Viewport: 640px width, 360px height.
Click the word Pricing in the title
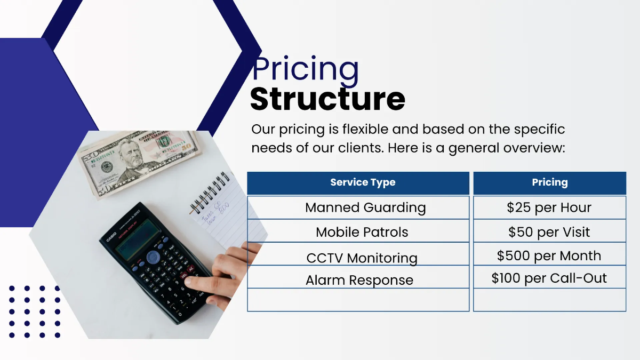[x=306, y=70]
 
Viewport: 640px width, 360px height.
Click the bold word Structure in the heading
[x=327, y=99]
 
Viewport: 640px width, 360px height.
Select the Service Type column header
[x=363, y=182]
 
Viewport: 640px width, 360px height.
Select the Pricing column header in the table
[x=549, y=182]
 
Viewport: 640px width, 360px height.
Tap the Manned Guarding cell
[x=365, y=207]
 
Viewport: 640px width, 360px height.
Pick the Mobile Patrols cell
[x=362, y=232]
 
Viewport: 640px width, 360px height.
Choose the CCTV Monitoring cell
[x=362, y=258]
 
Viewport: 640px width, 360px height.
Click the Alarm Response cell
[x=359, y=280]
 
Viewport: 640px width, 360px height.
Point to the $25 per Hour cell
[x=549, y=207]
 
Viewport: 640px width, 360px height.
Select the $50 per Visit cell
[x=549, y=232]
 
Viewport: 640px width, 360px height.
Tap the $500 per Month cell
[x=549, y=255]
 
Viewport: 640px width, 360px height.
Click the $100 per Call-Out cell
[x=549, y=278]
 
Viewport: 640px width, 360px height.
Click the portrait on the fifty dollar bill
[x=131, y=155]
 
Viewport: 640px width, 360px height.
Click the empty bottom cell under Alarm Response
[x=358, y=300]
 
